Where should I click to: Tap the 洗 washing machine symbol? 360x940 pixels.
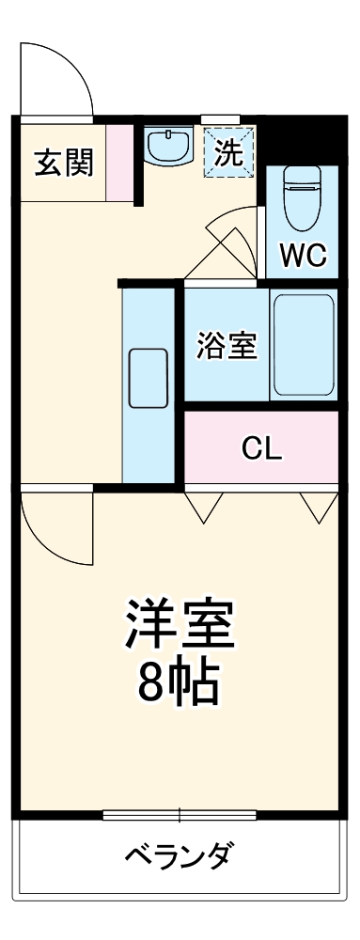[x=229, y=150]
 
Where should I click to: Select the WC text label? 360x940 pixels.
[x=302, y=255]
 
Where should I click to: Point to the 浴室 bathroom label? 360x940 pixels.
[x=226, y=345]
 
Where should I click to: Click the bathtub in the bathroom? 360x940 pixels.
[x=303, y=345]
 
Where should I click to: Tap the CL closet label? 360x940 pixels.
[x=261, y=448]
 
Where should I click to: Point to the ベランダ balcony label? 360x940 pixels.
[x=179, y=857]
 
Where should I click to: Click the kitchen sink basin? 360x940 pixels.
[x=149, y=378]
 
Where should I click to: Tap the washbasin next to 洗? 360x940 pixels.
[x=169, y=146]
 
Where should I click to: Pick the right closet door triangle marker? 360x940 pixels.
[x=319, y=505]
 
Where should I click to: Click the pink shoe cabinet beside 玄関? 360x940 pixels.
[x=119, y=162]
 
